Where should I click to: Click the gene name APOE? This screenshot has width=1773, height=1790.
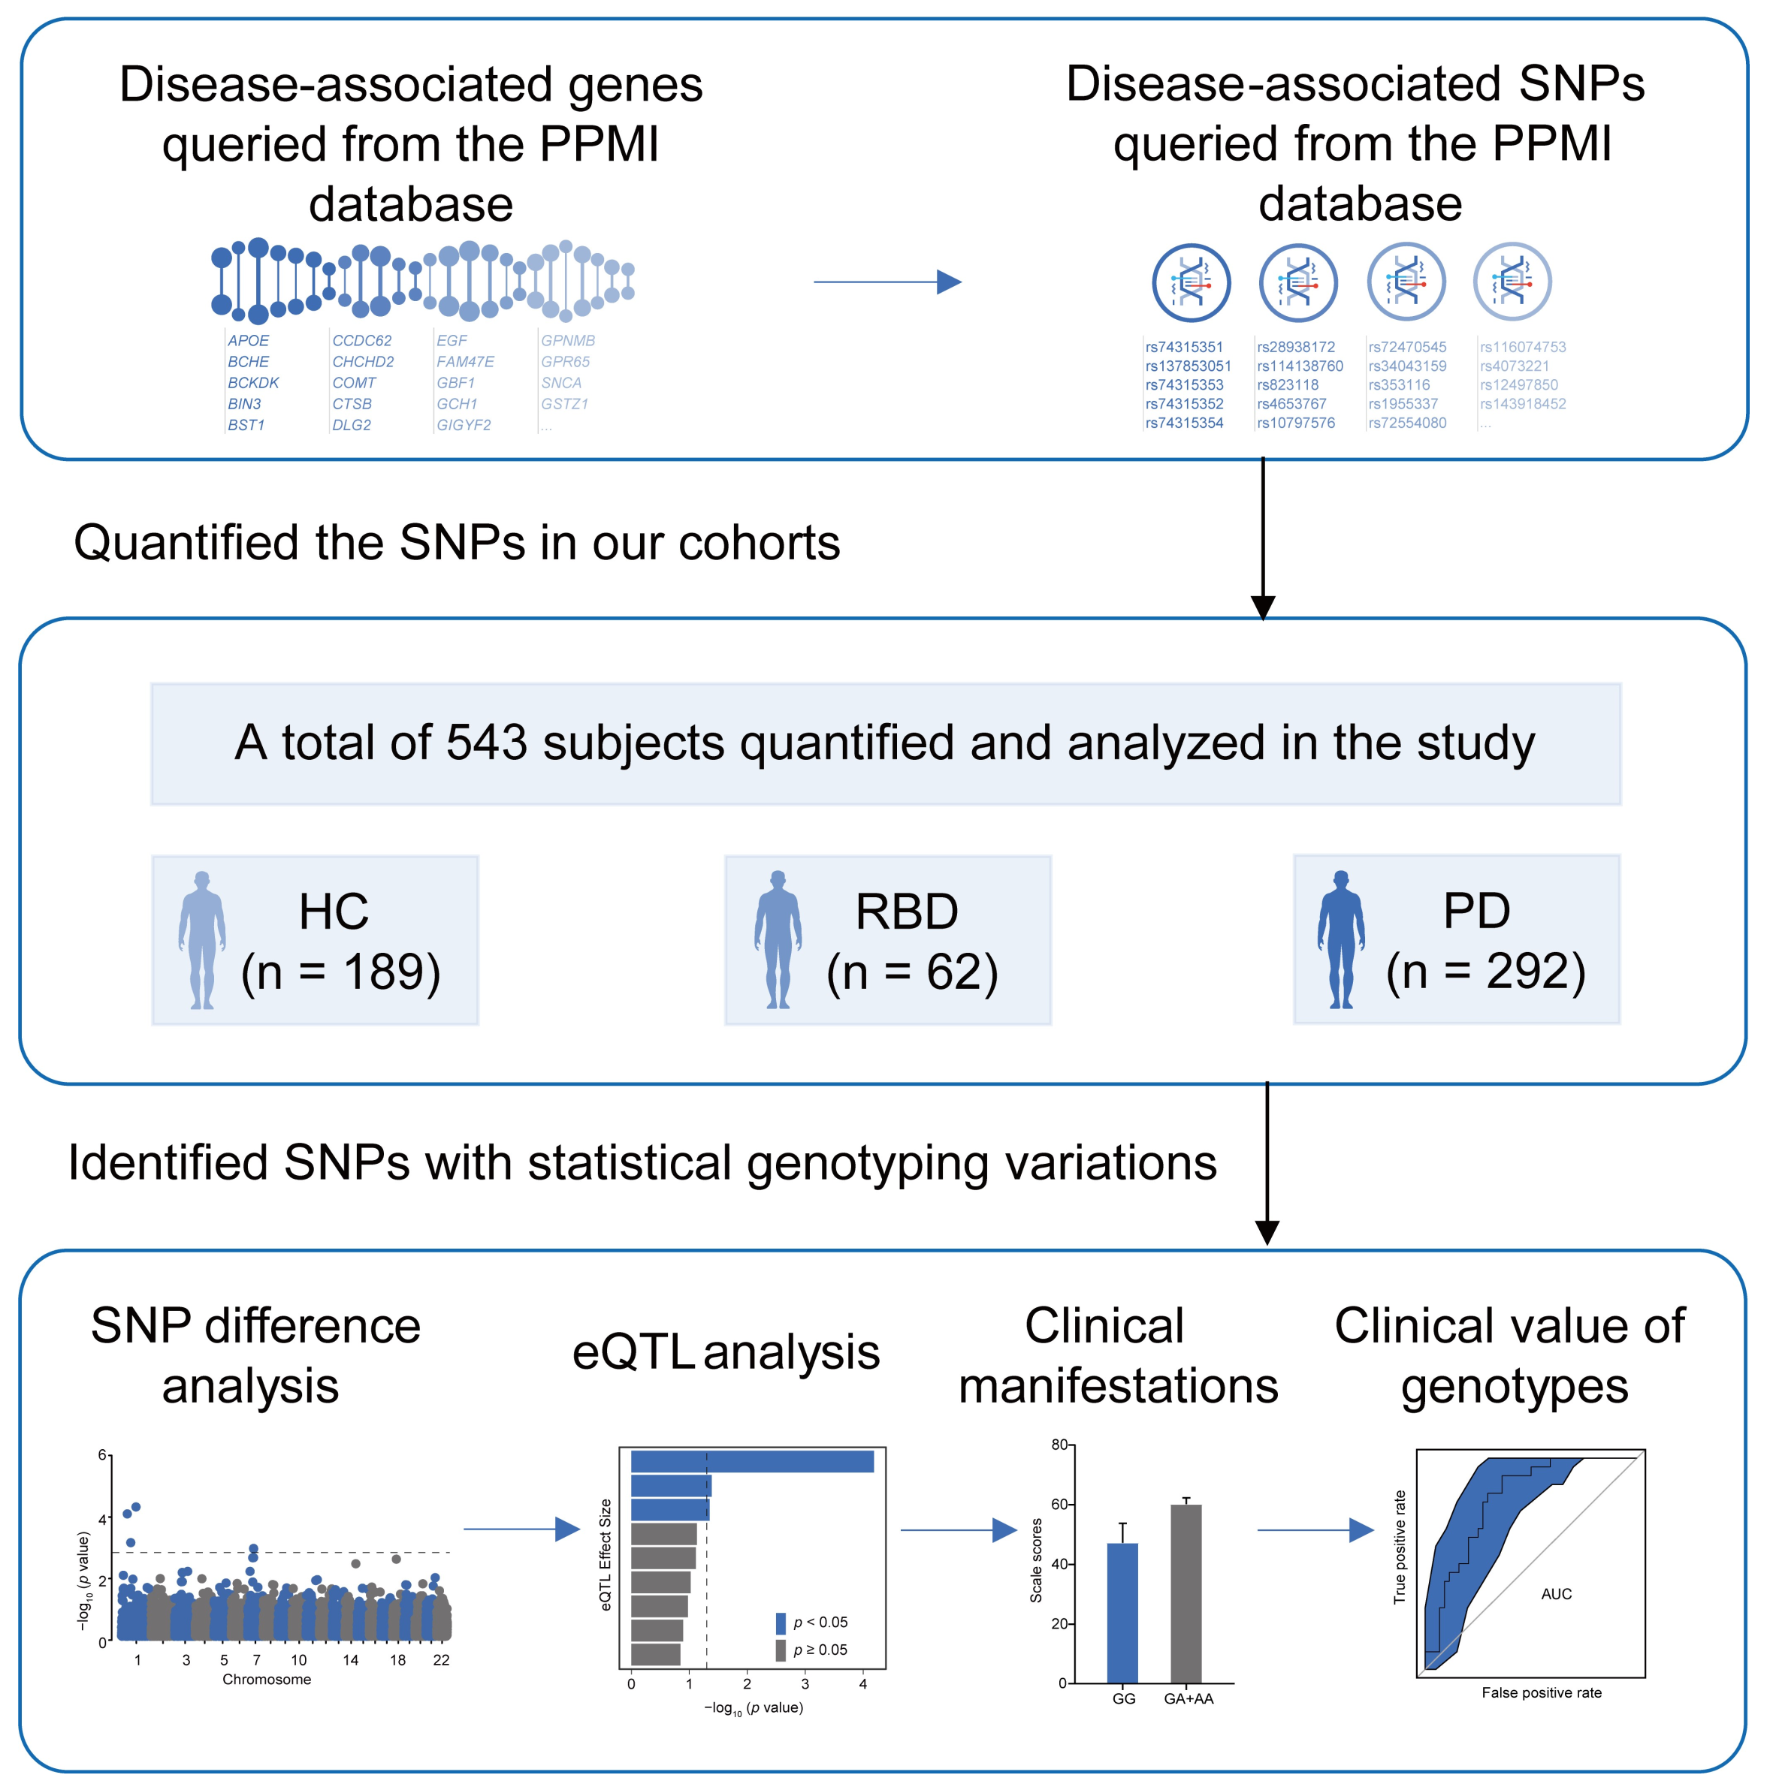coord(249,341)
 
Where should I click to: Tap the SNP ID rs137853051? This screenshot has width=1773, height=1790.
coord(1189,366)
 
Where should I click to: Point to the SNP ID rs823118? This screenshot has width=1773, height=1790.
coord(1288,384)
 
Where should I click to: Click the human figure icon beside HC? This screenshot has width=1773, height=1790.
coord(202,939)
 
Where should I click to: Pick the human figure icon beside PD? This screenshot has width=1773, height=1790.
coord(1340,939)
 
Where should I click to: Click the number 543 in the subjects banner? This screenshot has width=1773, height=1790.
coord(487,743)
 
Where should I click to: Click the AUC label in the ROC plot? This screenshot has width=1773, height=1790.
coord(1556,1593)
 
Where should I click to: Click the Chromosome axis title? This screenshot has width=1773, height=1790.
coord(267,1679)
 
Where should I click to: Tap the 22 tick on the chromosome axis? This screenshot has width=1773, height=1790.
coord(441,1659)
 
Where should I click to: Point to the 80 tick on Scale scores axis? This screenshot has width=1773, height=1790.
coord(1059,1445)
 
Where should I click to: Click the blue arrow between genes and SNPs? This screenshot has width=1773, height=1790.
coord(887,282)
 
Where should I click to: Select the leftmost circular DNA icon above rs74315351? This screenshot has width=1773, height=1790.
coord(1191,282)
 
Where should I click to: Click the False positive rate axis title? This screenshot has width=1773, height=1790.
coord(1542,1692)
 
